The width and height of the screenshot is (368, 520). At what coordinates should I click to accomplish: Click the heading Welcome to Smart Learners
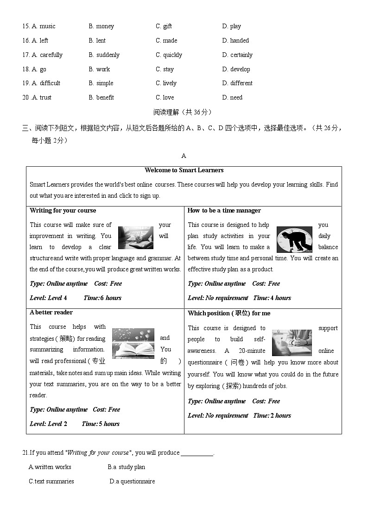(184, 170)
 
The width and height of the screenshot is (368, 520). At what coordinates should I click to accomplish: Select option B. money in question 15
(101, 26)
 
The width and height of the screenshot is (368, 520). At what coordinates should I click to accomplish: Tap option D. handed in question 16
(235, 41)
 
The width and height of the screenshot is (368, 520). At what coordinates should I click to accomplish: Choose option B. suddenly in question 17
(104, 55)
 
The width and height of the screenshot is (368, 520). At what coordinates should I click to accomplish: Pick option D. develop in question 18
(236, 69)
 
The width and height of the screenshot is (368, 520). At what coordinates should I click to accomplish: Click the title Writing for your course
(63, 210)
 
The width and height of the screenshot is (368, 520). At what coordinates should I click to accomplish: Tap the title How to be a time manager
(224, 210)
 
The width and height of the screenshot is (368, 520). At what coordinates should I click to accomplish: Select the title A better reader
(52, 313)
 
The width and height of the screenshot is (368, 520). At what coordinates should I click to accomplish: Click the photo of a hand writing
(135, 238)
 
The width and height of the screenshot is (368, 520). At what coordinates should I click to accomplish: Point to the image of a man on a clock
(294, 239)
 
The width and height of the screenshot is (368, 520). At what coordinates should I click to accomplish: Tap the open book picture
(133, 344)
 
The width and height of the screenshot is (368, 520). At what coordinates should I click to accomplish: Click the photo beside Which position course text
(292, 343)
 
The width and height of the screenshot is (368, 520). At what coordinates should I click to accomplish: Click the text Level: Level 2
(48, 424)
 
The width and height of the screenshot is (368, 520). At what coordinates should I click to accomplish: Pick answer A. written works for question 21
(50, 467)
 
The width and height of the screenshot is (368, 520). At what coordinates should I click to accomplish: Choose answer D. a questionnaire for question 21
(132, 482)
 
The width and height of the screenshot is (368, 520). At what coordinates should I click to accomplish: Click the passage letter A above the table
(184, 156)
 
